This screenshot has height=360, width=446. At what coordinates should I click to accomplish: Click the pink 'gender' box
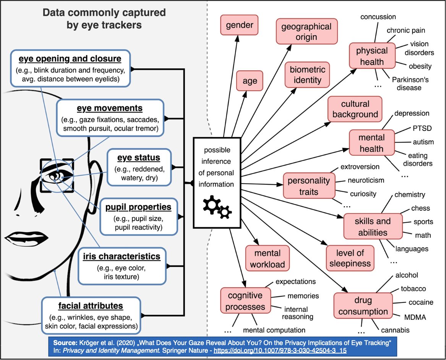(x=240, y=26)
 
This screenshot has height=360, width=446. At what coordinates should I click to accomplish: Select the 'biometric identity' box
(x=307, y=75)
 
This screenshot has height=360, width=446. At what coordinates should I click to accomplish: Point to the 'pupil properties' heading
(x=138, y=207)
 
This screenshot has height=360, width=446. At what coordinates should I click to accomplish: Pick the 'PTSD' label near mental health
(x=422, y=128)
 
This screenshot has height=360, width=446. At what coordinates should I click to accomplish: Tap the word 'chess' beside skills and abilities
(x=420, y=209)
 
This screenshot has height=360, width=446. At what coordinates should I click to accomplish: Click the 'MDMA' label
(x=415, y=317)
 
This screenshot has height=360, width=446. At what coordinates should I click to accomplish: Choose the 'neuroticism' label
(x=366, y=180)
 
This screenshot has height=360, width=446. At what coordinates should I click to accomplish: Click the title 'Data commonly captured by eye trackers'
(x=104, y=18)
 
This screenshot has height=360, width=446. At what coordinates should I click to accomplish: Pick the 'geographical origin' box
(x=307, y=32)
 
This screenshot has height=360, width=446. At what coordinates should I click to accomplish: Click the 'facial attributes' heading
(x=91, y=306)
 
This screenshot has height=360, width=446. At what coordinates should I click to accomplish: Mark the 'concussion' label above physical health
(x=378, y=17)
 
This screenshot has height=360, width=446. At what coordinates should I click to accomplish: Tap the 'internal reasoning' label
(x=298, y=313)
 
